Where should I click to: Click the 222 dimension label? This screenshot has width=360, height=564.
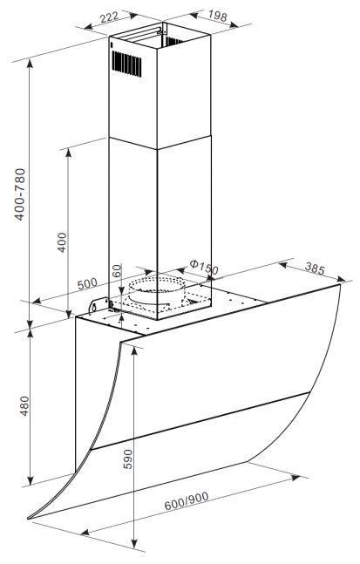coord(109,17)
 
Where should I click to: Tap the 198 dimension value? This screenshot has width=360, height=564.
coord(218,16)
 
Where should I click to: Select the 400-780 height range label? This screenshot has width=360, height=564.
coord(20,194)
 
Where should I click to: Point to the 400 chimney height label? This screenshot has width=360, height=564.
coord(62,242)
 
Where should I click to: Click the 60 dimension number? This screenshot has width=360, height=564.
coord(117,270)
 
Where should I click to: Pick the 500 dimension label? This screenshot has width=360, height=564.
coord(87,284)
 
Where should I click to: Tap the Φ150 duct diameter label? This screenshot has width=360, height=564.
coord(204,267)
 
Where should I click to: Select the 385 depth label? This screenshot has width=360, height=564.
coord(315,268)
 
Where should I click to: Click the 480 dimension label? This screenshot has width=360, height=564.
coord(24,406)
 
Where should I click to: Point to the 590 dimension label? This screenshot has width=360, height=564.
coord(127,459)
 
